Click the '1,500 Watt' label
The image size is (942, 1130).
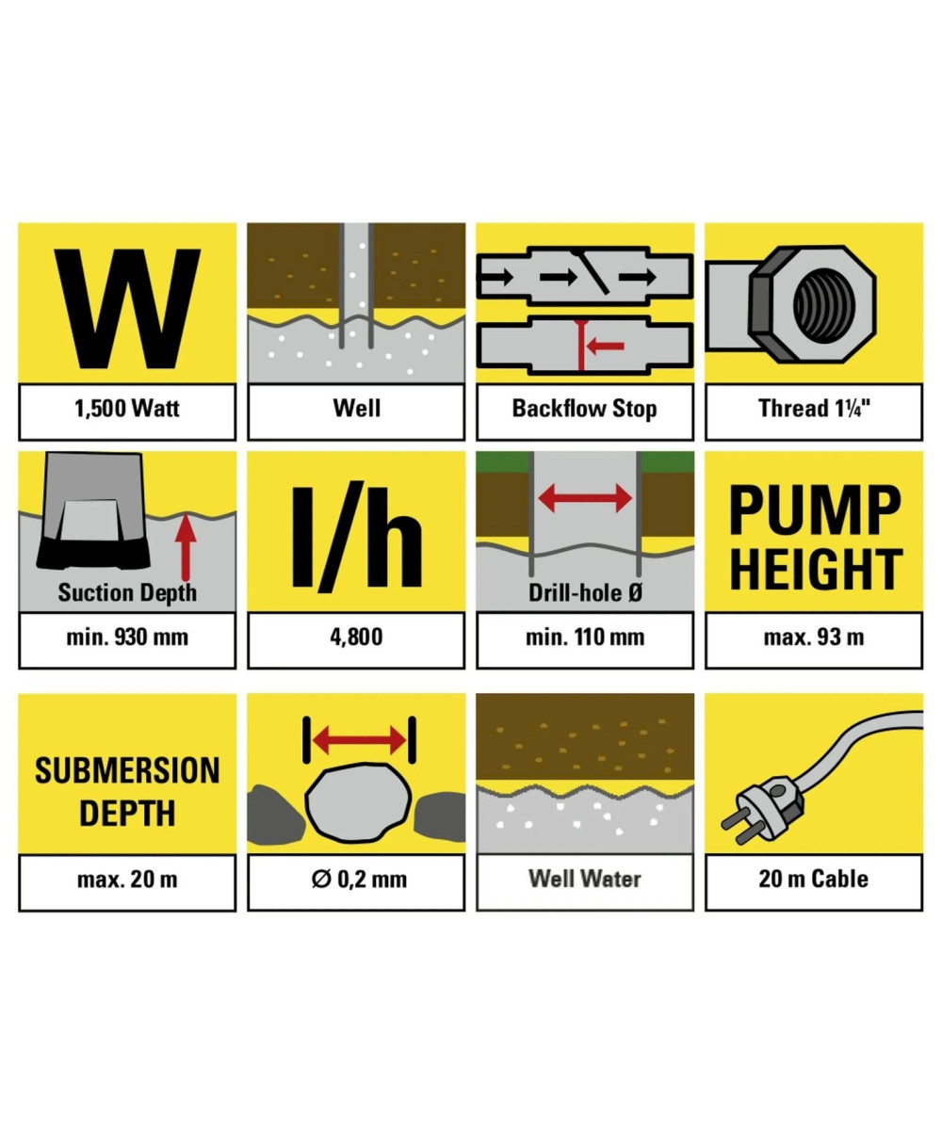pyautogui.click(x=126, y=409)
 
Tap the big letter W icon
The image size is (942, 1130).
pyautogui.click(x=128, y=309)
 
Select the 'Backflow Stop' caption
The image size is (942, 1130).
pyautogui.click(x=585, y=409)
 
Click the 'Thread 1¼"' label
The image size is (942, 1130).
pyautogui.click(x=814, y=409)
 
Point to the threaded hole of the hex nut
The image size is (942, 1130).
pyautogui.click(x=824, y=303)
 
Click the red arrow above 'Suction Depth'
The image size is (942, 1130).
pyautogui.click(x=186, y=545)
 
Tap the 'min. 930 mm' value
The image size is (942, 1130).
pyautogui.click(x=127, y=637)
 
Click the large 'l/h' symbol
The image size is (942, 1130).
pyautogui.click(x=356, y=537)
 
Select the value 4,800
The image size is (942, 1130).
pyautogui.click(x=356, y=637)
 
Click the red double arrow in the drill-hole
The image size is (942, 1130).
pyautogui.click(x=585, y=498)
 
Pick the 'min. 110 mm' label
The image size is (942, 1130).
pyautogui.click(x=585, y=637)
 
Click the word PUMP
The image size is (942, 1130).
pyautogui.click(x=815, y=509)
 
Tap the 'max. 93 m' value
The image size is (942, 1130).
pyautogui.click(x=814, y=637)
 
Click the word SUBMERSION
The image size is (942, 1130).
pyautogui.click(x=127, y=770)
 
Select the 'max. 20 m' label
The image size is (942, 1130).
pyautogui.click(x=127, y=880)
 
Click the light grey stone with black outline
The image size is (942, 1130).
pyautogui.click(x=358, y=802)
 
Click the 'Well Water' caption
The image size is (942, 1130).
pyautogui.click(x=585, y=879)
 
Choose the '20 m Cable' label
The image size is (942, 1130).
pyautogui.click(x=813, y=879)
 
